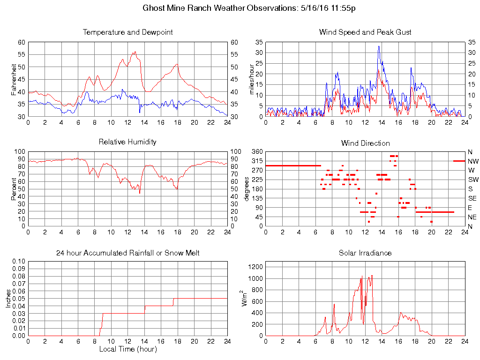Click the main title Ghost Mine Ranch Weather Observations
tap(248, 8)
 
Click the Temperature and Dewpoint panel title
tap(127, 32)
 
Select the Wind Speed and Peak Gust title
tap(365, 32)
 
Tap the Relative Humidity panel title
tap(127, 142)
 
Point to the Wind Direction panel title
tap(365, 143)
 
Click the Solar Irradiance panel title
tap(365, 253)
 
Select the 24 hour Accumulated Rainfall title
tap(127, 253)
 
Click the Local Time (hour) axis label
tap(127, 349)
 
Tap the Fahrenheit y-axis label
tap(14, 79)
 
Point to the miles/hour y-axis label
tap(252, 79)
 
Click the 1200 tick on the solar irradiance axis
tap(257, 267)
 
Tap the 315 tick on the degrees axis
tap(257, 161)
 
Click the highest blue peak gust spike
tap(379, 46)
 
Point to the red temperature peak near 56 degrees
tap(135, 52)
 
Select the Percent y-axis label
tap(14, 189)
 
